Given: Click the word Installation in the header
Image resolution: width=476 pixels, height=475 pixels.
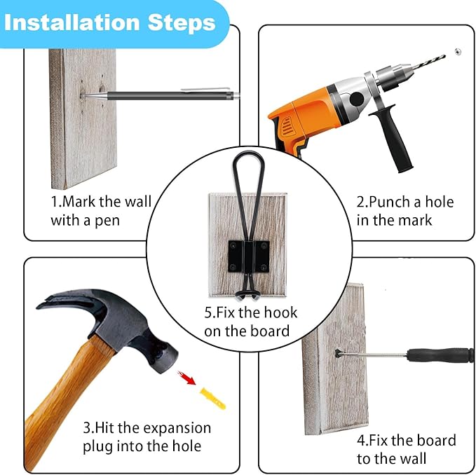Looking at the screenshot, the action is [x=72, y=22].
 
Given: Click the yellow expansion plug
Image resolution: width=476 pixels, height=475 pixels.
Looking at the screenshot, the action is [x=212, y=398].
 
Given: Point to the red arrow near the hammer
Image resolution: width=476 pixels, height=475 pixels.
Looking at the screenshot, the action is [x=186, y=378].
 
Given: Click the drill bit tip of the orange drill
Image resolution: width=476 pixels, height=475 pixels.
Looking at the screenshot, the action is [x=444, y=55].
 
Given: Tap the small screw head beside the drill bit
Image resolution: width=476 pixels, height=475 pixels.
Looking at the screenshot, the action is [x=458, y=52].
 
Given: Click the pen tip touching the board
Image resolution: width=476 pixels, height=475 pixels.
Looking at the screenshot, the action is [x=83, y=97].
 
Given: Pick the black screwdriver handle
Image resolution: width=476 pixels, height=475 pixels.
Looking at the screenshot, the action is [x=441, y=355].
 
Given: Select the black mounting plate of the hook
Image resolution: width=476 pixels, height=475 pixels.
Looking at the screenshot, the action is [x=249, y=256].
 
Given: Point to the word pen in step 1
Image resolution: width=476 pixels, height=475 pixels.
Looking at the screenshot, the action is [x=107, y=221].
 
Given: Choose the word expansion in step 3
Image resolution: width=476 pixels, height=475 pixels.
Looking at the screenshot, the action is [x=177, y=429].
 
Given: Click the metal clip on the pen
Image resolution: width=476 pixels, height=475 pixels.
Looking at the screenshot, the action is [x=205, y=89].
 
